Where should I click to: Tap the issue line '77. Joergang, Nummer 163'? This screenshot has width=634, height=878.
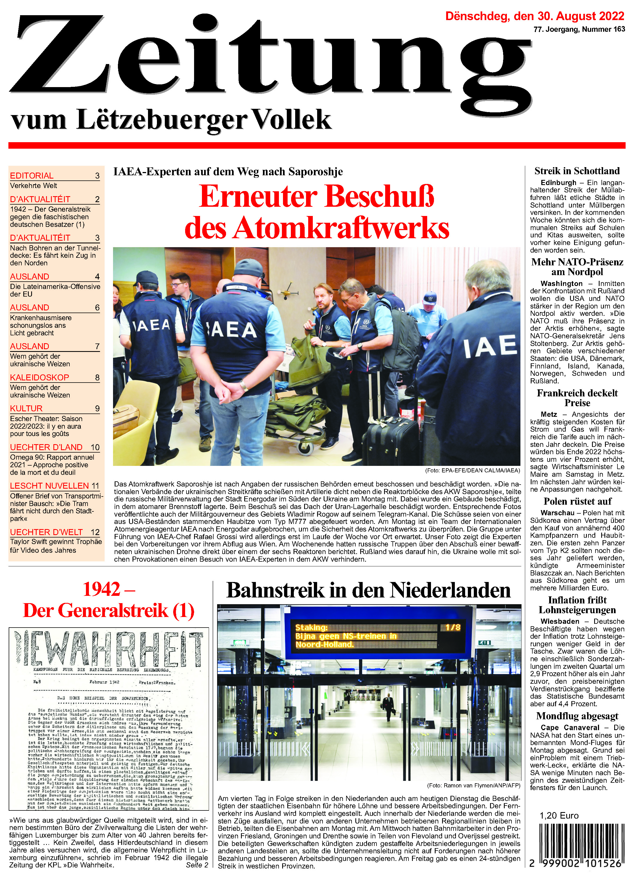(579, 29)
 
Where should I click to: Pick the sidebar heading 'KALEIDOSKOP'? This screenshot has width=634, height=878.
(40, 377)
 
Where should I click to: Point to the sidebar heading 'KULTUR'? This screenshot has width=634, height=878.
(26, 408)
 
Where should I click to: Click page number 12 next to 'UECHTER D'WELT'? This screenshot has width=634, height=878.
(95, 532)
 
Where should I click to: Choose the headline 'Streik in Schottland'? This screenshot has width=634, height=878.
(577, 171)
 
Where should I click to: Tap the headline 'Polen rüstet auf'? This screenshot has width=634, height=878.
(577, 501)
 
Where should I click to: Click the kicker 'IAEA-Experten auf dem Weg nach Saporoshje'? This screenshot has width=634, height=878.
(228, 171)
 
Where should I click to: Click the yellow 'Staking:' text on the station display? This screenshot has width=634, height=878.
(311, 628)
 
